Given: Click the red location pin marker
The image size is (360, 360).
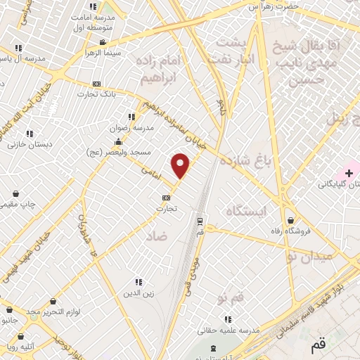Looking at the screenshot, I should pyautogui.click(x=181, y=165).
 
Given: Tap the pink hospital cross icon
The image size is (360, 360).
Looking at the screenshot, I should pyautogui.click(x=349, y=172).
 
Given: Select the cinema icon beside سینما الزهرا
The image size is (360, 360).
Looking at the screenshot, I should pyautogui.click(x=103, y=43).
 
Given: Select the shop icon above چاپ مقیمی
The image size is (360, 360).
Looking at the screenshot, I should pyautogui.click(x=15, y=193).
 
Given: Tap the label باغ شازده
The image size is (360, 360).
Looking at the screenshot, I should pyautogui.click(x=250, y=161).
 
